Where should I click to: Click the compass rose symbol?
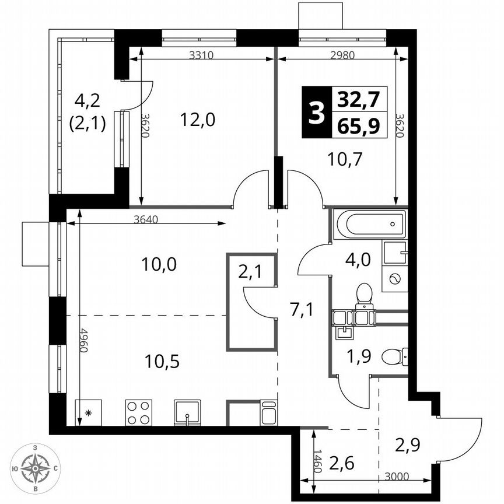click(x=36, y=468)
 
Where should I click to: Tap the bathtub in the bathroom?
click(x=369, y=225)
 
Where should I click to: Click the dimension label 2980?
click(x=342, y=56)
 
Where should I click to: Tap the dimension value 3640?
click(x=145, y=220)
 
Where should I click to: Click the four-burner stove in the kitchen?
click(x=139, y=413)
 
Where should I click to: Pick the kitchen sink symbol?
click(x=187, y=413)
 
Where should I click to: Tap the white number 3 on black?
click(x=316, y=113)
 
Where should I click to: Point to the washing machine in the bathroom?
click(x=395, y=279)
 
